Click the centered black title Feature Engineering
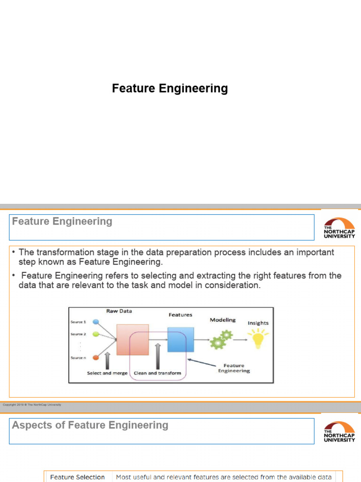(170, 88)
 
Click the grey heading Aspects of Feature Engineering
(90, 426)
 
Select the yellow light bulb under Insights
(258, 338)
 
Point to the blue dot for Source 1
(96, 322)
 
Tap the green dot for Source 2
(96, 334)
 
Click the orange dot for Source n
(96, 358)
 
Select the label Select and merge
(107, 373)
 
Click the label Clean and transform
(157, 373)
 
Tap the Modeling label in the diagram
(222, 320)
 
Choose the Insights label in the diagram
(258, 323)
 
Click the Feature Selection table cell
(78, 477)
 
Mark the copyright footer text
(32, 405)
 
